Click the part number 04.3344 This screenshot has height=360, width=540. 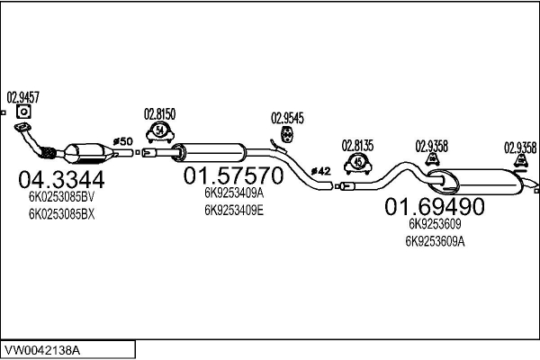[60, 177]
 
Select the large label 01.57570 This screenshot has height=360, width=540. [233, 175]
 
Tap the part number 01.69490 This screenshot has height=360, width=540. [435, 206]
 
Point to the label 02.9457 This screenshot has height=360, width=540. [23, 96]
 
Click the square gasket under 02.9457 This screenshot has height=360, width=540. [23, 112]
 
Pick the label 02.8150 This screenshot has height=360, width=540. [159, 114]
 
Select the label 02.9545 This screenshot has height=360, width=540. [287, 118]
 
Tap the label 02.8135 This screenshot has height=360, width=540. [357, 144]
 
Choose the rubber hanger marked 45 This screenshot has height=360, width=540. [358, 162]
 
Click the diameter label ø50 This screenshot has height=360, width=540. [122, 141]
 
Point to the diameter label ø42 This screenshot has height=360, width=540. [321, 170]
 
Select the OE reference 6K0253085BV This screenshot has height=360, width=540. [60, 196]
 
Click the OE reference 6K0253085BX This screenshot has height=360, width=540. [60, 214]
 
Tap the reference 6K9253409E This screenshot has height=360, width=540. [233, 210]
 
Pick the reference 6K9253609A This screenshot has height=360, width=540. [435, 240]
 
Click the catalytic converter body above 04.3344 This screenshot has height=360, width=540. [86, 151]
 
